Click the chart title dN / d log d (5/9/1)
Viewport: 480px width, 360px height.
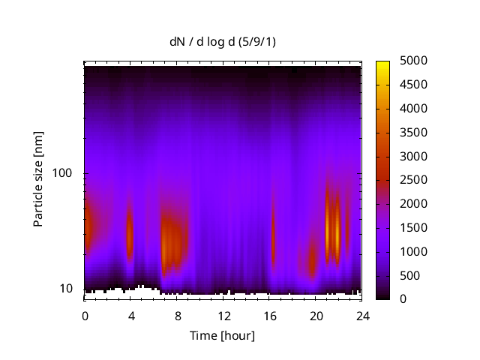click(223, 43)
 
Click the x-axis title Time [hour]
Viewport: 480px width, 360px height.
click(223, 335)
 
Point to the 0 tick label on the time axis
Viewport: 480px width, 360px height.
click(85, 316)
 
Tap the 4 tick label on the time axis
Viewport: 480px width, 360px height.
click(131, 316)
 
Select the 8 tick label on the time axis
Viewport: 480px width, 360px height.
click(177, 316)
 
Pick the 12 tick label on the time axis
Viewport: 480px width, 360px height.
click(223, 316)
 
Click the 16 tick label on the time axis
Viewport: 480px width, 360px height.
click(270, 316)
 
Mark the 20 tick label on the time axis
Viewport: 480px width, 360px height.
click(316, 316)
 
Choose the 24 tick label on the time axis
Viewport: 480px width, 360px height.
click(362, 316)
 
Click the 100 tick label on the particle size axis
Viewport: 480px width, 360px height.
click(67, 173)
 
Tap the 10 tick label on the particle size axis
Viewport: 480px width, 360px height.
click(70, 289)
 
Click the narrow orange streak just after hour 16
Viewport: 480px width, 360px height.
click(273, 229)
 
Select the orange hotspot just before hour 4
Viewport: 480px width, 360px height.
click(129, 232)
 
